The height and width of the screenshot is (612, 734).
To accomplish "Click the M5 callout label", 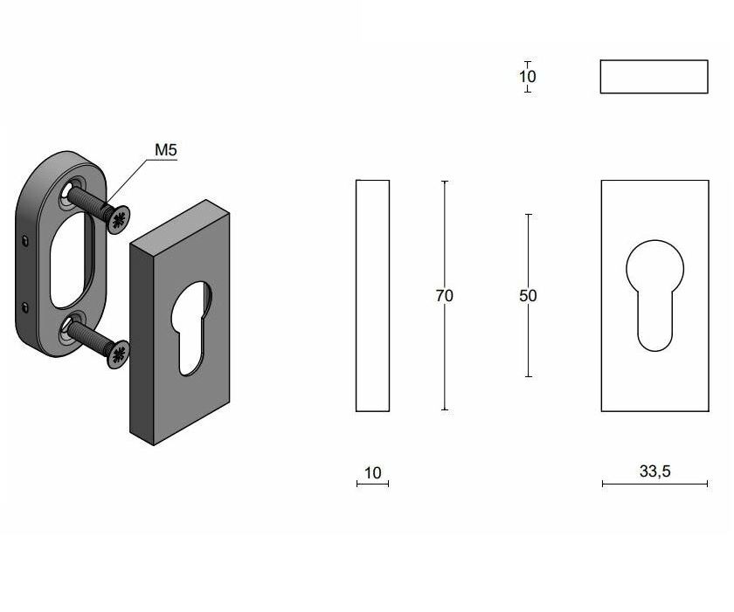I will click(166, 150).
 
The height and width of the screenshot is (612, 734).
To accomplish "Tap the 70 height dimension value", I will click(444, 296).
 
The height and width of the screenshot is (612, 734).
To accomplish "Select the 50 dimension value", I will click(528, 296).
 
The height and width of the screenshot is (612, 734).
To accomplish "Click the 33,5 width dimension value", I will click(654, 471).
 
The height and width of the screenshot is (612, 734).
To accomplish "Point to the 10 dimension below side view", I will click(373, 473).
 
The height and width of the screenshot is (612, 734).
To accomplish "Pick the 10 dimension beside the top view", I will click(528, 76).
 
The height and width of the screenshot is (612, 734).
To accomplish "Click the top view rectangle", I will click(654, 77).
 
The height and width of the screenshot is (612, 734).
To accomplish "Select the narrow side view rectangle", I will click(372, 296).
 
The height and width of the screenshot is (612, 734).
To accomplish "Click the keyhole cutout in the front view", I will click(654, 292).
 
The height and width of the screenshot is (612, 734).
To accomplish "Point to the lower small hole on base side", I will click(25, 306).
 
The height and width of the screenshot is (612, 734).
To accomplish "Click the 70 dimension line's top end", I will click(444, 182).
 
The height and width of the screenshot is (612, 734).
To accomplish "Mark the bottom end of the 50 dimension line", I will click(528, 376).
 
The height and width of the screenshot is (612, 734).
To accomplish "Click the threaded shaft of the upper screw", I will click(87, 203).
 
